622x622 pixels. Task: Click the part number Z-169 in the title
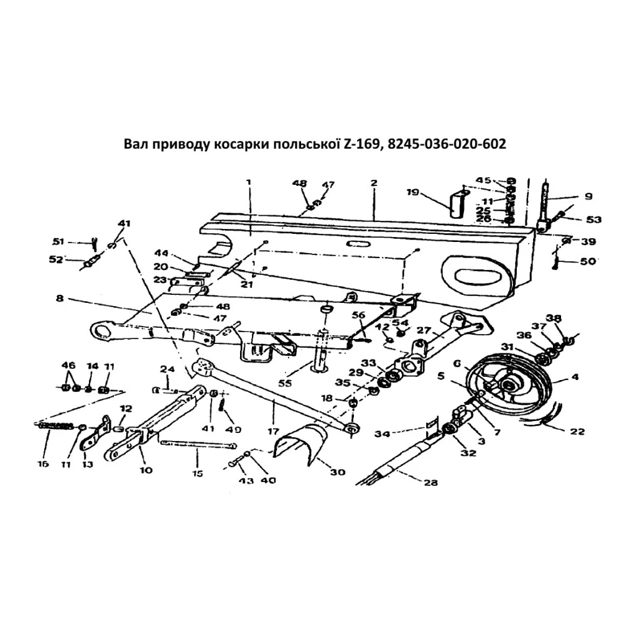[360, 144]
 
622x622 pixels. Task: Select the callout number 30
[337, 472]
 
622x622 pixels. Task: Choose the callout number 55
[285, 383]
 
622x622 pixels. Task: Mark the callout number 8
[60, 299]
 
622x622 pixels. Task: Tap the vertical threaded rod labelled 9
[545, 202]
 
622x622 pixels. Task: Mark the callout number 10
[146, 470]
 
